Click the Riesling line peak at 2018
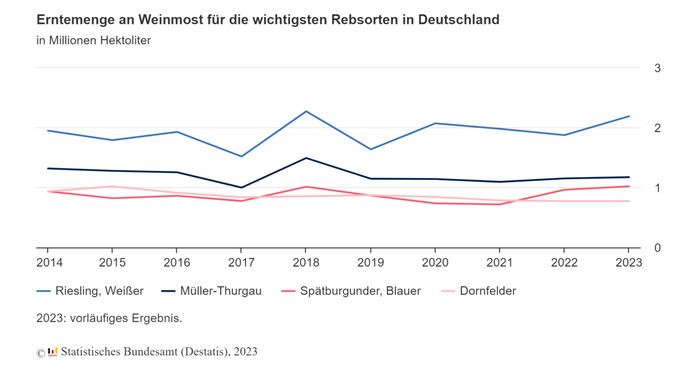[x=306, y=112]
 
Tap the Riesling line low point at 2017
[x=241, y=156]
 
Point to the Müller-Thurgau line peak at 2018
[x=306, y=158]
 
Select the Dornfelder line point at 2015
[x=112, y=186]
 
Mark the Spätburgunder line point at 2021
[x=500, y=204]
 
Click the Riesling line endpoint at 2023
[x=629, y=116]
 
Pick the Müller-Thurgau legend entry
[x=212, y=291]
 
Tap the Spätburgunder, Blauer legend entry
[x=351, y=291]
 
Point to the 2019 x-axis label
[x=371, y=263]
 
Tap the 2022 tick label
[x=564, y=263]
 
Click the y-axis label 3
[x=657, y=69]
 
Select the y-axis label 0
[x=657, y=248]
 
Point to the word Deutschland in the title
[x=458, y=20]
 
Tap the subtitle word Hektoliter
[x=125, y=41]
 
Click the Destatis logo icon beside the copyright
[x=52, y=352]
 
